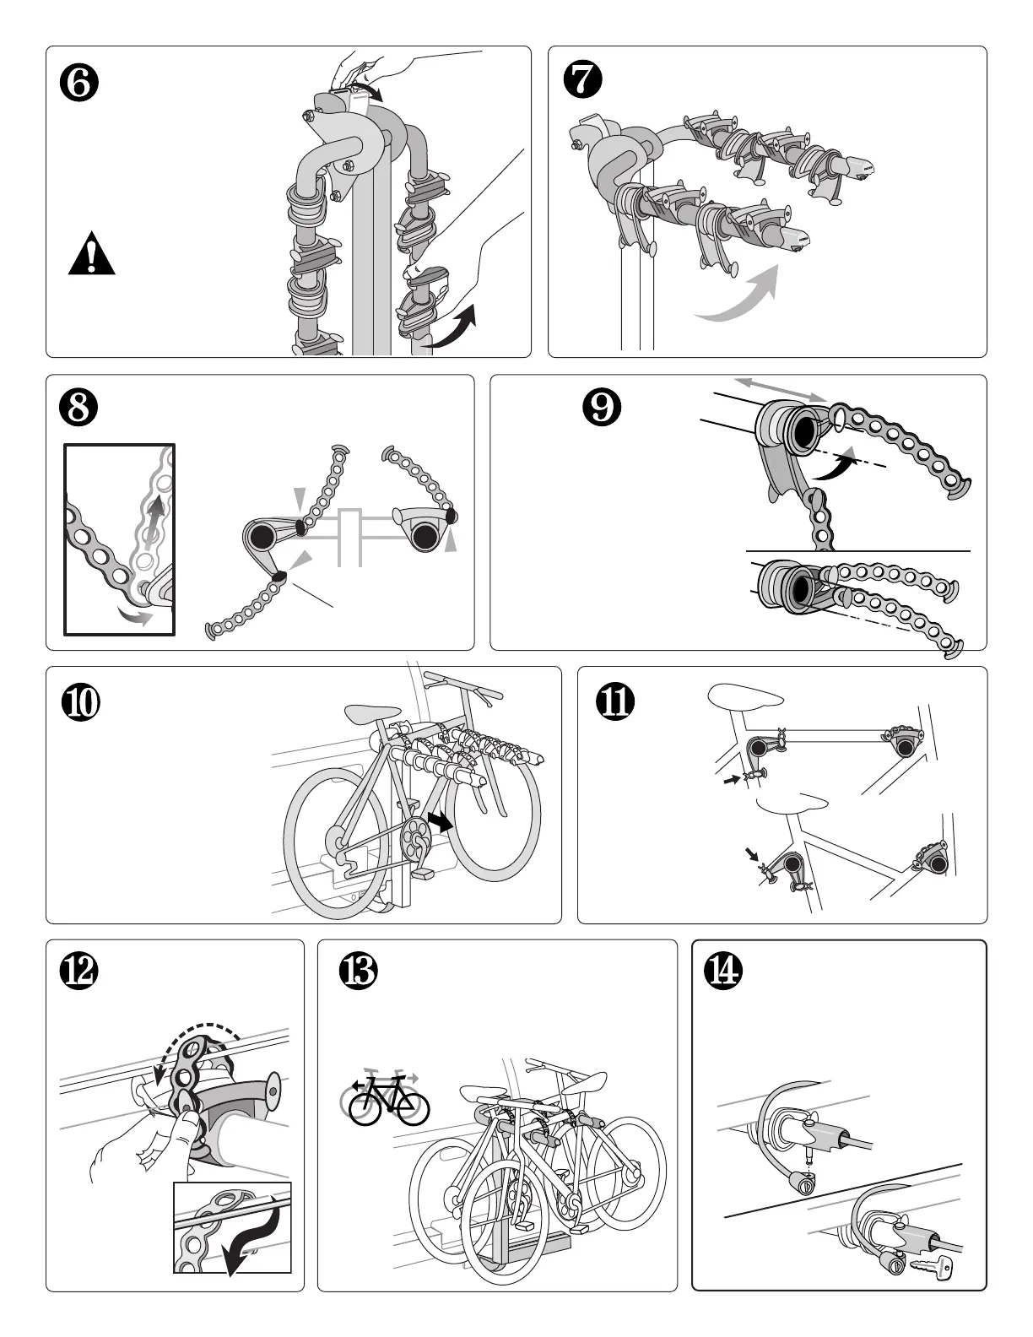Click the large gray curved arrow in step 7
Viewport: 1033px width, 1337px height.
pos(737,297)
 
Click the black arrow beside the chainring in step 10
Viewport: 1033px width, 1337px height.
pos(440,820)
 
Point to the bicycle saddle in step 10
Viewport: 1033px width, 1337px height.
pos(373,713)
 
